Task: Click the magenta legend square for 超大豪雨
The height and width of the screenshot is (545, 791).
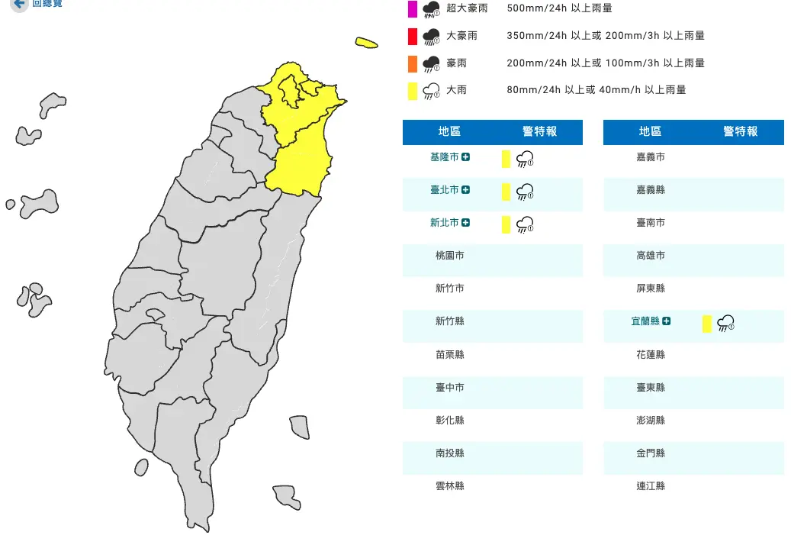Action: (412, 9)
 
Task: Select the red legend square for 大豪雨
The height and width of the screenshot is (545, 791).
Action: (412, 36)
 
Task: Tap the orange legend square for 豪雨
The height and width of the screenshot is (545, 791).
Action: (412, 63)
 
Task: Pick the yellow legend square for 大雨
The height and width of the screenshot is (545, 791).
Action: (412, 90)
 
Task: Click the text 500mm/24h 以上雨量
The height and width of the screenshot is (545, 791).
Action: (559, 8)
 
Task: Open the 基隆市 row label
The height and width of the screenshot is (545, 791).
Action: (444, 157)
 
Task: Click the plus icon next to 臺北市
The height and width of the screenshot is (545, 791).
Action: (465, 190)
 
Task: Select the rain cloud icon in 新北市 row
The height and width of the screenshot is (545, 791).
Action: (525, 224)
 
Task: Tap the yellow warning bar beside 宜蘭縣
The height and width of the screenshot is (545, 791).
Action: (706, 324)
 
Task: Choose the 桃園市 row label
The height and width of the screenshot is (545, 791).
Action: (449, 256)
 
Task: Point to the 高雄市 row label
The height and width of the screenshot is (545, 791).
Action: (650, 256)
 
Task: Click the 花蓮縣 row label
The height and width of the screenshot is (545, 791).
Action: (650, 355)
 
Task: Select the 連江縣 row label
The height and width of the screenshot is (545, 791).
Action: (650, 485)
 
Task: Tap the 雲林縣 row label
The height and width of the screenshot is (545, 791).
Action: (449, 485)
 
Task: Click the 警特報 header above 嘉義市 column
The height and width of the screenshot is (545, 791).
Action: (740, 132)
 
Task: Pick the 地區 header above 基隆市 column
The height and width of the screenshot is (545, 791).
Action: (449, 132)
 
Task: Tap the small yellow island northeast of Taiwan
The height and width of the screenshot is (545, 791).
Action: (366, 43)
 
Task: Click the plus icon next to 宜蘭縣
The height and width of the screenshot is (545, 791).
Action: (667, 321)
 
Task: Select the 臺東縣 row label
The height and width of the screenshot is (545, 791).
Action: (650, 388)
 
